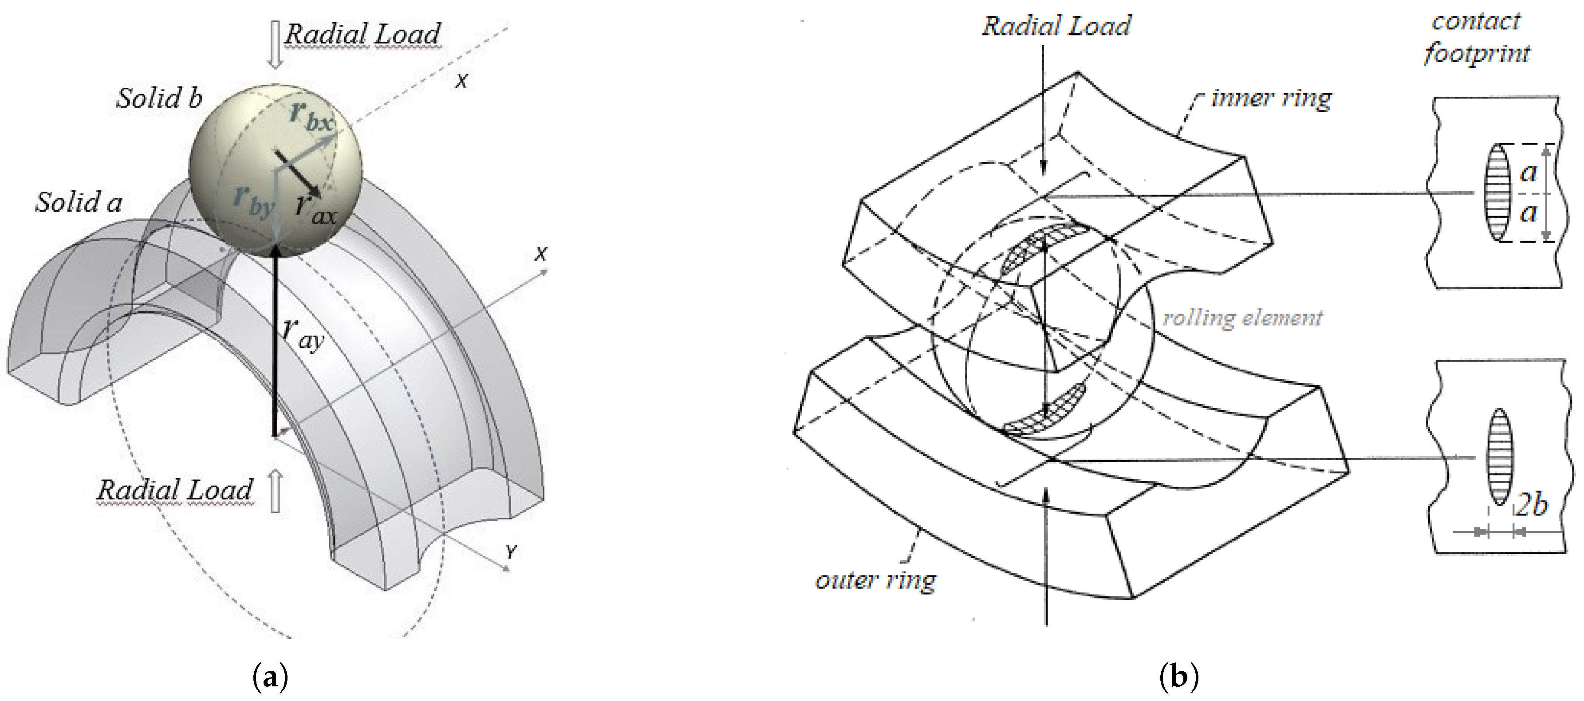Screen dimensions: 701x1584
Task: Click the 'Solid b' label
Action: click(x=159, y=98)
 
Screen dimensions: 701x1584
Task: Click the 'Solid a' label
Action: click(x=79, y=202)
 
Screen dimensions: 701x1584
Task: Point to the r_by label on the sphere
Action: click(x=253, y=200)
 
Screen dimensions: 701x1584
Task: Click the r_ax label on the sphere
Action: click(x=315, y=209)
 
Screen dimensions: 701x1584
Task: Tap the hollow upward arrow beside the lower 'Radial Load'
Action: click(x=276, y=491)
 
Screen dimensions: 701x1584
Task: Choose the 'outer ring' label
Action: click(x=875, y=580)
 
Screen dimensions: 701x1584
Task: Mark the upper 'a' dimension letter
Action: click(x=1528, y=172)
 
